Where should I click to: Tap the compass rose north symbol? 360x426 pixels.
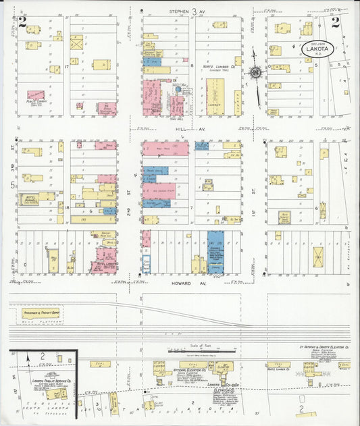256,73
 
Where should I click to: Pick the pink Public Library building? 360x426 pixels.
36,96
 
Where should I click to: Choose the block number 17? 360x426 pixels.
68,68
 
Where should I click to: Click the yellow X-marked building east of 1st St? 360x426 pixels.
317,257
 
